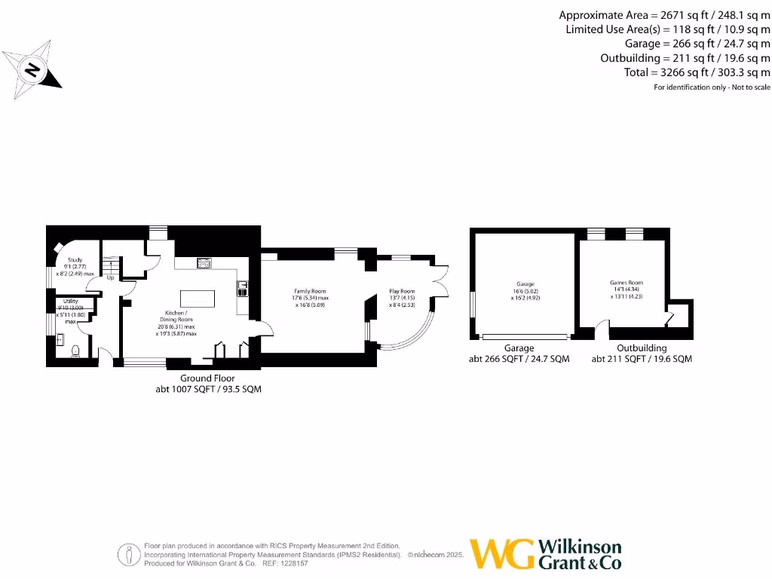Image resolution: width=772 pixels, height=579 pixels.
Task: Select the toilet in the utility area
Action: coord(75,351)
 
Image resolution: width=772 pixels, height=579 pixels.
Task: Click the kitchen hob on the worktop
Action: coord(204,262)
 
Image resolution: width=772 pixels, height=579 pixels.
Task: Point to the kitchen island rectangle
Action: coord(198,298)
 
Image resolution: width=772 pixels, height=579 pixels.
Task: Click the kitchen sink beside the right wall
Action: coord(243,286)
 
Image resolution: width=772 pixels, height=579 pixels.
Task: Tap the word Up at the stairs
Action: coord(110,277)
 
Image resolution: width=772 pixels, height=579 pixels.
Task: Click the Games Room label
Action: coord(626,283)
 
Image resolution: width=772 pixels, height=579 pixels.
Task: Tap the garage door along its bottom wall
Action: coord(526,336)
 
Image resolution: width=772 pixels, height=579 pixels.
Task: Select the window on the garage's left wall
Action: coord(473,309)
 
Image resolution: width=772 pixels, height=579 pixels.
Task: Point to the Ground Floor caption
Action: coord(207,378)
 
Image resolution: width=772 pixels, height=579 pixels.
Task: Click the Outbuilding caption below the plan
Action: coord(642,348)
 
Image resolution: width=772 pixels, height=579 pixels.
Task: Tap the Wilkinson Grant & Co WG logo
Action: coord(501,554)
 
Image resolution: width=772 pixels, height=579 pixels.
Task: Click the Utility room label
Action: coord(70,301)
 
